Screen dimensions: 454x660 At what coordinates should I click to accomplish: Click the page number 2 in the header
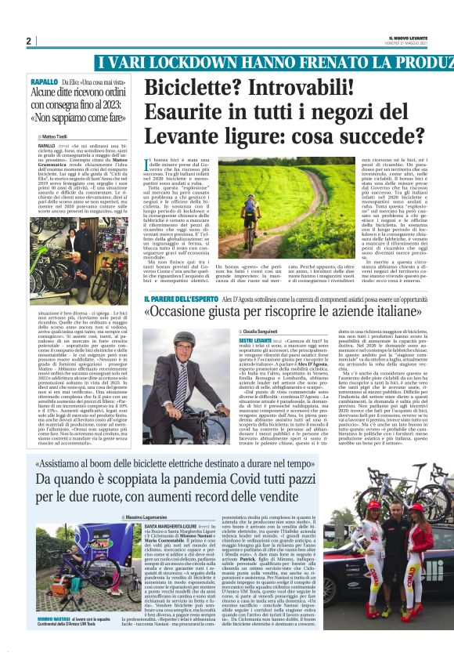coord(28,41)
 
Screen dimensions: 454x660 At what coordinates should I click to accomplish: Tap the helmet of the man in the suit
coord(185,339)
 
